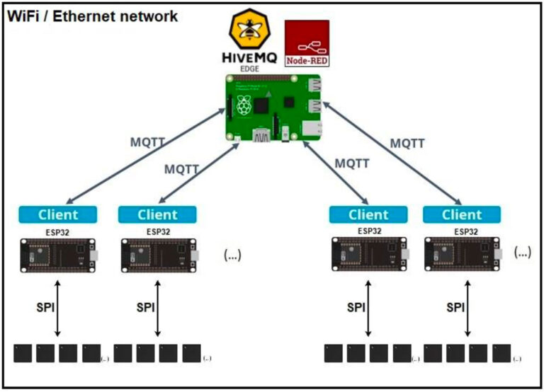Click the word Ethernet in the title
pyautogui.click(x=89, y=16)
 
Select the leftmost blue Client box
pyautogui.click(x=57, y=214)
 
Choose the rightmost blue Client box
pyautogui.click(x=462, y=214)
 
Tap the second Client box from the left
pyautogui.click(x=157, y=214)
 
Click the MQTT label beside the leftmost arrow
pyautogui.click(x=148, y=142)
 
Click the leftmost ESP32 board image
pyautogui.click(x=58, y=253)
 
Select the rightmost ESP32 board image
pyautogui.click(x=462, y=253)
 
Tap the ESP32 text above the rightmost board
pyautogui.click(x=462, y=231)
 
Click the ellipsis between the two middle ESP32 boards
pyautogui.click(x=232, y=254)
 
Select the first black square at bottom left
pyautogui.click(x=23, y=353)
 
